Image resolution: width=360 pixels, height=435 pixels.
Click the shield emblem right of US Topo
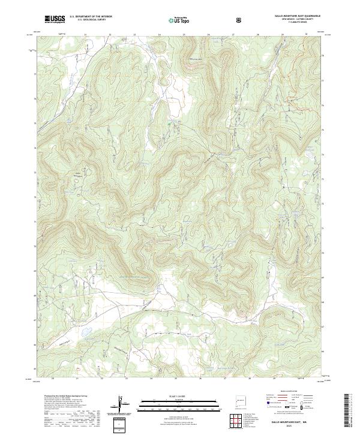click(205, 20)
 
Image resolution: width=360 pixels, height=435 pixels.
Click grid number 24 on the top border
click(159, 35)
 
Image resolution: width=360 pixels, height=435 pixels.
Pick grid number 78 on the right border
click(322, 56)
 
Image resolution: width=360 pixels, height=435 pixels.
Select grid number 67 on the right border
click(322, 328)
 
